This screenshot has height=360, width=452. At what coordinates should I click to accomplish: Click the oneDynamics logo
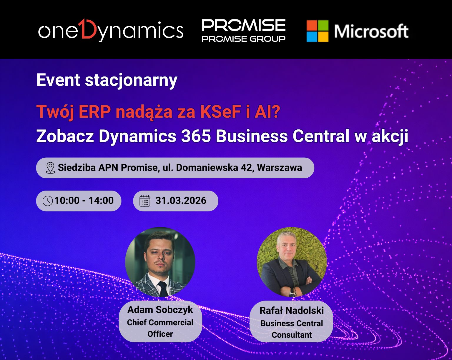111,30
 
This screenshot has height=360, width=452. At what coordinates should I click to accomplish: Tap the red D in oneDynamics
89,29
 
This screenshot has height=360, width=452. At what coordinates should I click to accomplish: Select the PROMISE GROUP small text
243,39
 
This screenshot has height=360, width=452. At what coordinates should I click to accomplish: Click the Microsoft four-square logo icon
317,31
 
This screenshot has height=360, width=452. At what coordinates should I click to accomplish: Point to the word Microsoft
371,31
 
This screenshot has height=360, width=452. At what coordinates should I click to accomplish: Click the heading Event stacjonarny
107,80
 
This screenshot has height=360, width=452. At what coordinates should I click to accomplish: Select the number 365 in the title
196,136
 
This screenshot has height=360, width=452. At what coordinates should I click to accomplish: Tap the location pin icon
50,168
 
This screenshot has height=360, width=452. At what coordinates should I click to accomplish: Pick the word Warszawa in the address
279,168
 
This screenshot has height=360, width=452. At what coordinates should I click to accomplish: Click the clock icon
48,201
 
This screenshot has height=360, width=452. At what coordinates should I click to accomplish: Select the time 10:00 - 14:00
84,201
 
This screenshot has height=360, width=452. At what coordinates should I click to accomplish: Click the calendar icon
145,201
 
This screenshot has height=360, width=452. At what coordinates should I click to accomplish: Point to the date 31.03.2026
181,201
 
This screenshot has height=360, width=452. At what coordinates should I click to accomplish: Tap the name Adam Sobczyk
160,310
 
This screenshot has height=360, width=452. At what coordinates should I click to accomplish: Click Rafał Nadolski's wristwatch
292,293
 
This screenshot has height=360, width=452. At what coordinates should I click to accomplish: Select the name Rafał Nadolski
292,311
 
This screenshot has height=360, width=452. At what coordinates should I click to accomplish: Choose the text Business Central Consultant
292,329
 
